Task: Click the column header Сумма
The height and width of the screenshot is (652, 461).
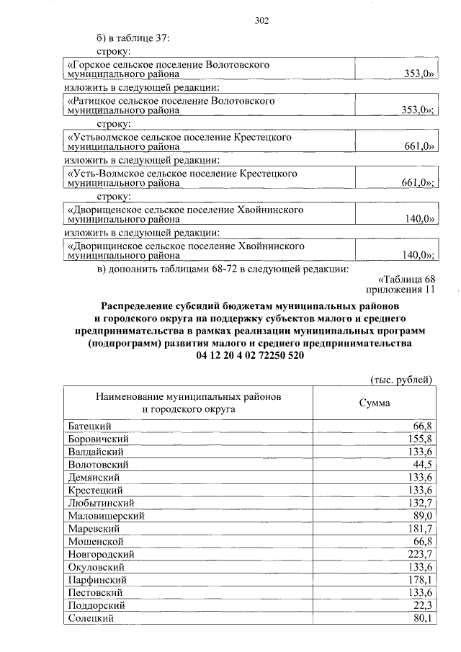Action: (x=375, y=403)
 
